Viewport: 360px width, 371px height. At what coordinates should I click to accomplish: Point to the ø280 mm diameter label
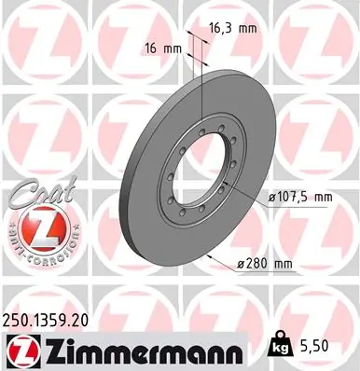(x=266, y=264)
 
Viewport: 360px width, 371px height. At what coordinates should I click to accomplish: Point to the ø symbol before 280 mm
(x=241, y=264)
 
